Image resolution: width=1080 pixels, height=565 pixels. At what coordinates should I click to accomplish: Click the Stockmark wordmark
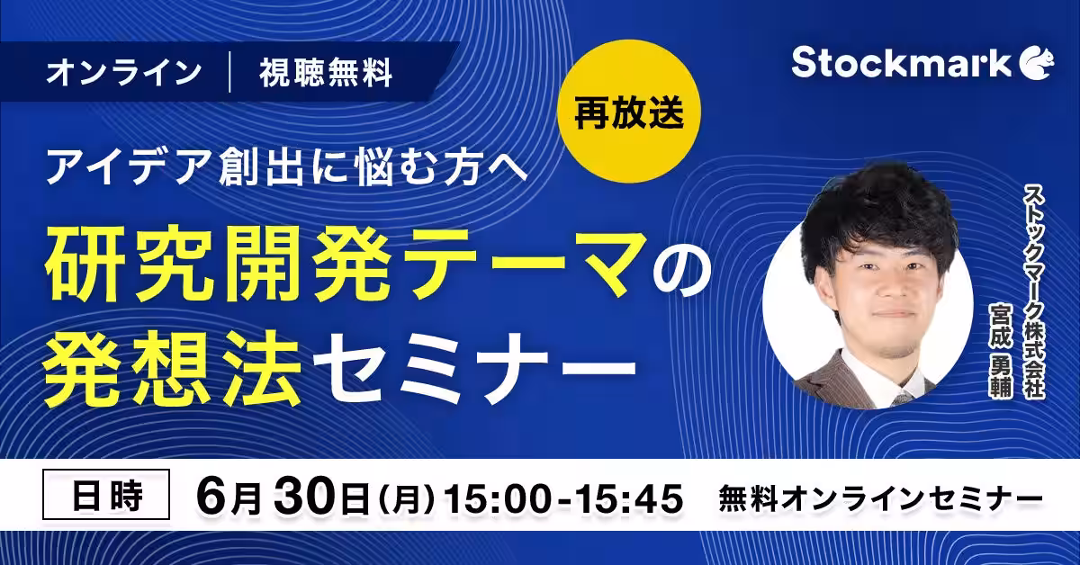(x=901, y=63)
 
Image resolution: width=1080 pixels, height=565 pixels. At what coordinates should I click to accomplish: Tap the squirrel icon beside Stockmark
(x=1037, y=63)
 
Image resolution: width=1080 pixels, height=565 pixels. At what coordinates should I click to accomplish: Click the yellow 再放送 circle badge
(x=629, y=112)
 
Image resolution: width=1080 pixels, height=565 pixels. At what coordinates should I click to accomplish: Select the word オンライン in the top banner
(x=124, y=73)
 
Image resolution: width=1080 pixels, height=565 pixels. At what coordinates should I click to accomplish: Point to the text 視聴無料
(x=326, y=73)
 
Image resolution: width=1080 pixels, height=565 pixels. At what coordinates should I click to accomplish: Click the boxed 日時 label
(x=106, y=496)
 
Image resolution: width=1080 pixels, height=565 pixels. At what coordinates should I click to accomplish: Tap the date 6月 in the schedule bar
(x=229, y=498)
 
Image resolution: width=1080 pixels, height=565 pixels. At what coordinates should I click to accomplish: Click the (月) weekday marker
(x=407, y=499)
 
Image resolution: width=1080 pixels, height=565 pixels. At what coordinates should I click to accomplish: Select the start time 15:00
(x=498, y=498)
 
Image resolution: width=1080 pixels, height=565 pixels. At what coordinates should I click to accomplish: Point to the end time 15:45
(x=629, y=498)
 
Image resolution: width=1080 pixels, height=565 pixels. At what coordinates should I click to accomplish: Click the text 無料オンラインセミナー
(x=881, y=499)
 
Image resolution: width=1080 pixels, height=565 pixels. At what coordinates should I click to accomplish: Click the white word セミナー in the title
(x=474, y=367)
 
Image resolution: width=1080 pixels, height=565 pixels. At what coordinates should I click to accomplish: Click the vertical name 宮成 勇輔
(x=1001, y=350)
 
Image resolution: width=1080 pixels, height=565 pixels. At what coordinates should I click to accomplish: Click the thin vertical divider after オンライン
(x=229, y=73)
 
